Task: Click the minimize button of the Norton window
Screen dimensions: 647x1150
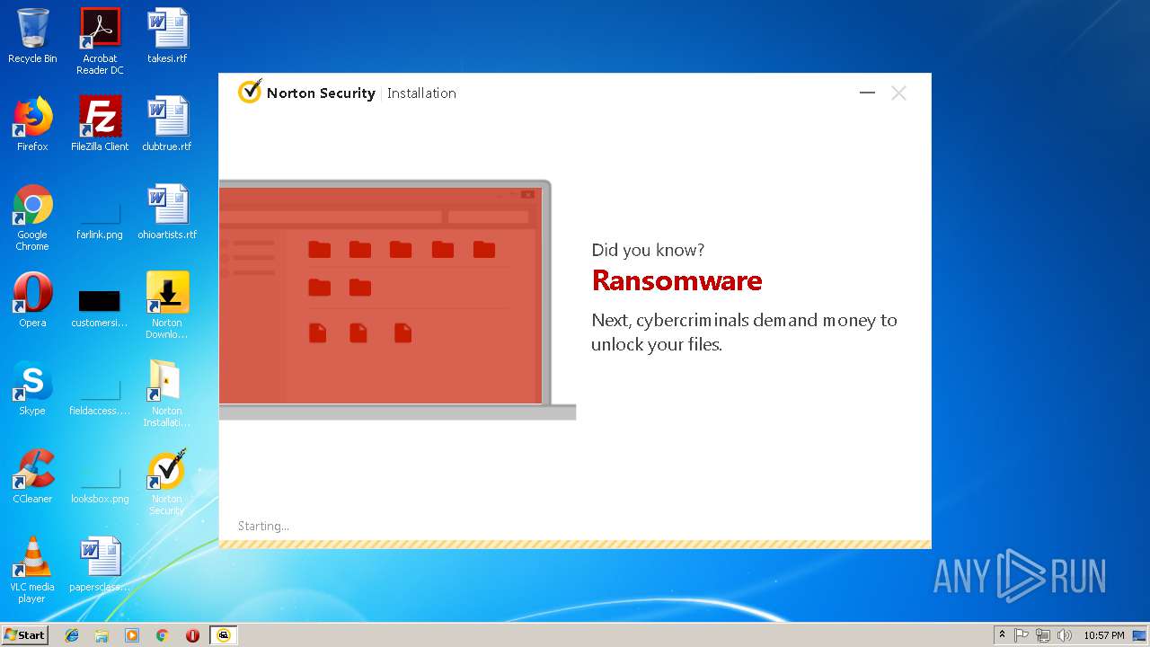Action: [x=867, y=93]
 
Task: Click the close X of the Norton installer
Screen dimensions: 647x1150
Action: [x=898, y=93]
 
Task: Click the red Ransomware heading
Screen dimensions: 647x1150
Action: [x=677, y=281]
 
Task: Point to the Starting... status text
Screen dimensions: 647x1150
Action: [x=263, y=527]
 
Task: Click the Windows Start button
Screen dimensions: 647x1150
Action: [x=25, y=635]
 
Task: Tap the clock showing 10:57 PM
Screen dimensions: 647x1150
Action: [x=1103, y=635]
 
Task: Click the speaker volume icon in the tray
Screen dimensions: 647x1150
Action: [x=1064, y=635]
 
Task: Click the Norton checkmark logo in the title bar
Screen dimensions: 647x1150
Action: [x=249, y=93]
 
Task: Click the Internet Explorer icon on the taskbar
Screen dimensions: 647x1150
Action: [x=72, y=635]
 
